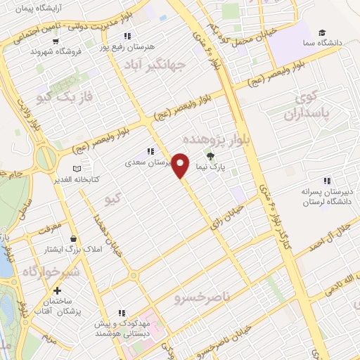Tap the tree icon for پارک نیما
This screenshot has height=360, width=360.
(209, 156)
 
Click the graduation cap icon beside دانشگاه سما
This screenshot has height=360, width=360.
(322, 32)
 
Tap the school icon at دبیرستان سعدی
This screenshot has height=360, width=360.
(150, 151)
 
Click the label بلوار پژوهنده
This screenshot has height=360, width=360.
(221, 140)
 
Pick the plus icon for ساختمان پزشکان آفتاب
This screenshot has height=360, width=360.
(58, 290)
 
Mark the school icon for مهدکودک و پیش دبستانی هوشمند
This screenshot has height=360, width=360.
(122, 313)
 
